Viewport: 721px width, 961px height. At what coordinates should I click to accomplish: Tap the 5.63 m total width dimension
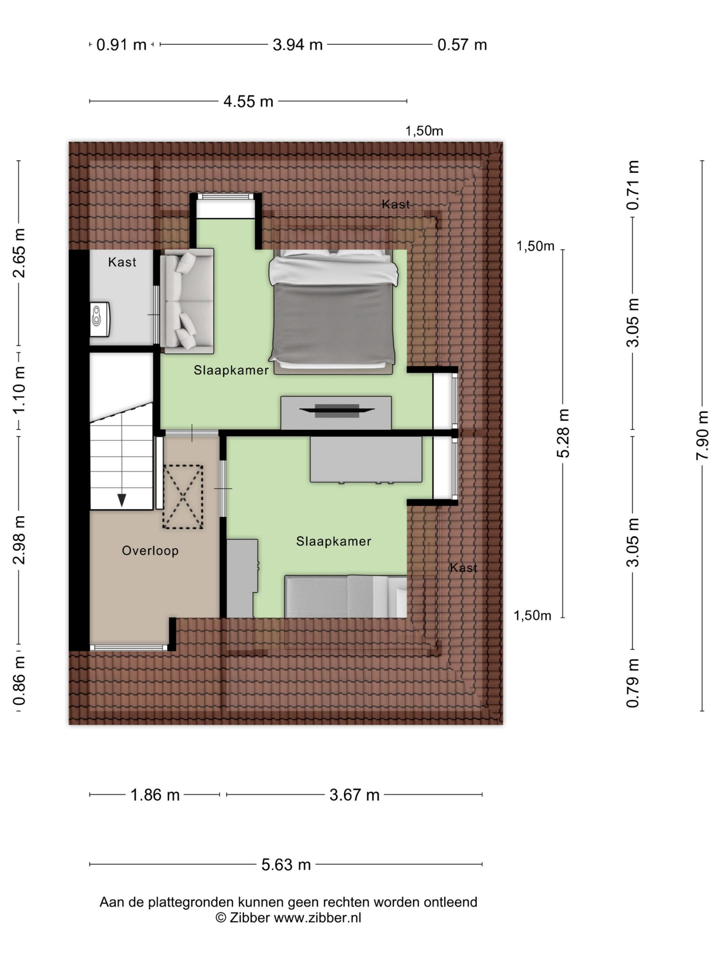click(286, 865)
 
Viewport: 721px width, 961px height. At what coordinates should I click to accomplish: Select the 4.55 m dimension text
click(248, 102)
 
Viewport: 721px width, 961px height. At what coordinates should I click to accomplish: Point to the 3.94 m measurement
click(298, 45)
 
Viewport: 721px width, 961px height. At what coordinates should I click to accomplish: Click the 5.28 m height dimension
click(563, 433)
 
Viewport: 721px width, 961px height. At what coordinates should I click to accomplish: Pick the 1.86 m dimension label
click(155, 795)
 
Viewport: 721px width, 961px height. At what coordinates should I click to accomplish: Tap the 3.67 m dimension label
click(354, 795)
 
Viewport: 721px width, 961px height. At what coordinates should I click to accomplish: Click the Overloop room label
click(150, 551)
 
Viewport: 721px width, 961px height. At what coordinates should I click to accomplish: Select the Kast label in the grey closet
click(122, 262)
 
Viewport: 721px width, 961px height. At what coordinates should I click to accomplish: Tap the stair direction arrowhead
click(122, 500)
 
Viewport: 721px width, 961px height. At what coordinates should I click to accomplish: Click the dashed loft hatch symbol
click(183, 497)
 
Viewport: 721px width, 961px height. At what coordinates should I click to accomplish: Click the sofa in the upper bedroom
click(187, 301)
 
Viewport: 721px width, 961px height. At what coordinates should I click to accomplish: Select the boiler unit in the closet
click(100, 319)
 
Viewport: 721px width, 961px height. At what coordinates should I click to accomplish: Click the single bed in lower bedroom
click(346, 596)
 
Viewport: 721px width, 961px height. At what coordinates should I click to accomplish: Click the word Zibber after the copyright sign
click(249, 917)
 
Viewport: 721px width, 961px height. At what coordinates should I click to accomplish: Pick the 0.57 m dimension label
click(462, 45)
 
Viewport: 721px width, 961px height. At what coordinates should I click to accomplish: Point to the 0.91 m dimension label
click(121, 45)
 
